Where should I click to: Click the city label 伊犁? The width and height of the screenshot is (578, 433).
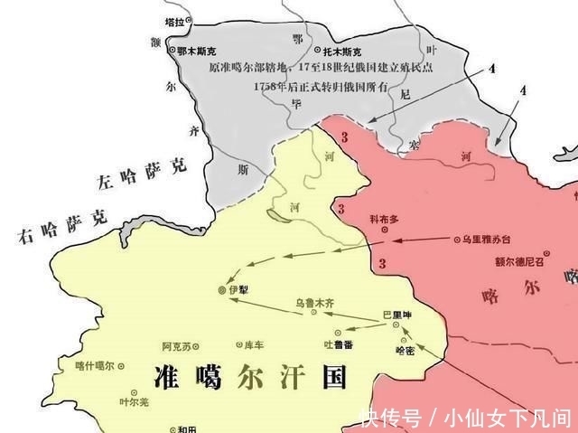(x=239, y=289)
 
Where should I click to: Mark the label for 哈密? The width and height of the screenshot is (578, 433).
(x=405, y=351)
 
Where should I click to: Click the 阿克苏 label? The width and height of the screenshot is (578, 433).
(x=176, y=346)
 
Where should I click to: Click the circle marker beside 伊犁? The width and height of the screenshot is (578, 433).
(x=223, y=289)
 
